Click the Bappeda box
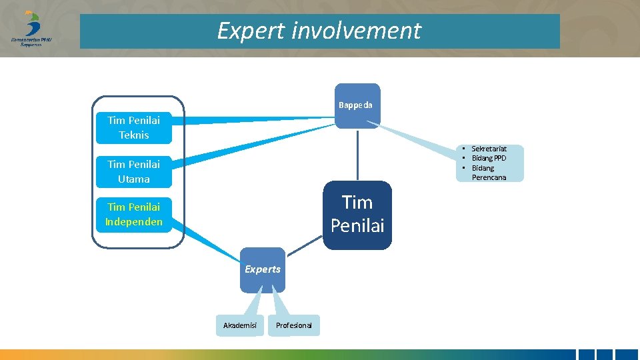(x=357, y=105)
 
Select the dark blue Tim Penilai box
(x=357, y=215)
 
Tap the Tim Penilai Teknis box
(x=133, y=127)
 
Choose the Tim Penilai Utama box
(x=133, y=171)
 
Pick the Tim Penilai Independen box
(x=133, y=215)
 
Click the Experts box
(x=263, y=270)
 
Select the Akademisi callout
(x=240, y=325)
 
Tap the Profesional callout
(x=293, y=325)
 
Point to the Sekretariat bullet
(x=489, y=149)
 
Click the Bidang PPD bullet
(x=489, y=158)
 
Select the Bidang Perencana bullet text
(x=488, y=173)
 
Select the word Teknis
(x=133, y=135)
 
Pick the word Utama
(x=133, y=179)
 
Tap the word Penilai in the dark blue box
(x=357, y=226)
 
